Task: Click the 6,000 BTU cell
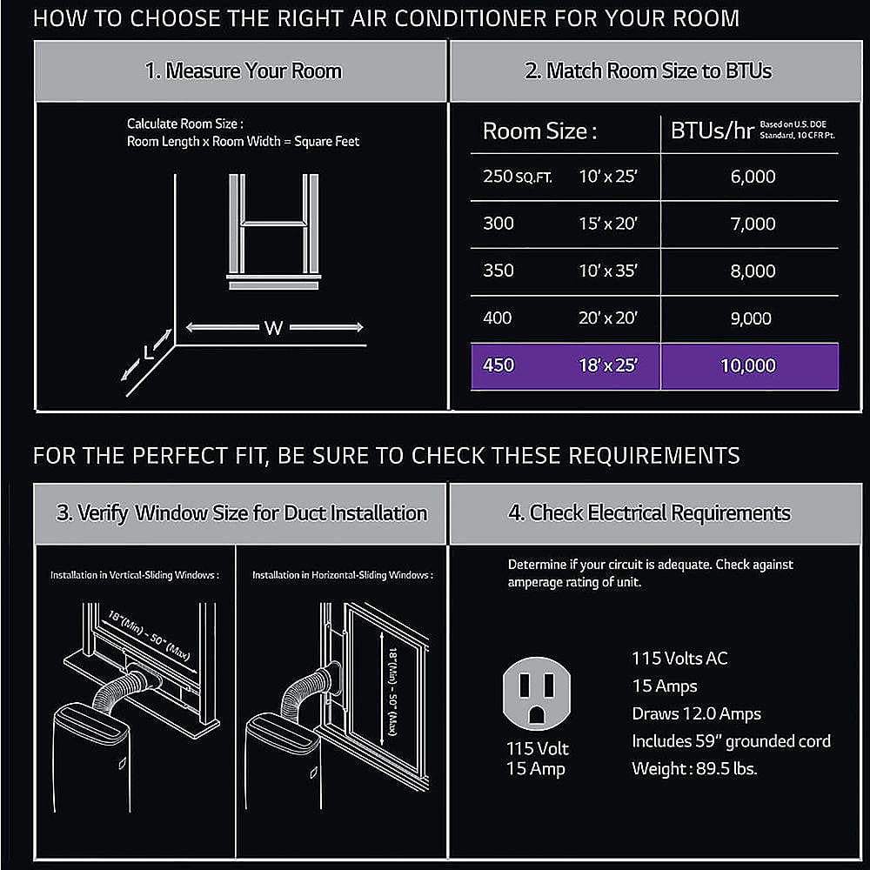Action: pos(753,177)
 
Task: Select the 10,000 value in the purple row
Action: pos(748,365)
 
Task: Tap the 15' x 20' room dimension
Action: pos(608,224)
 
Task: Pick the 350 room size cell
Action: pos(499,271)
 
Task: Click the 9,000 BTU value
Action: pos(750,318)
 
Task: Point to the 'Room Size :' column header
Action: pos(539,132)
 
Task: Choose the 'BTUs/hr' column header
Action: pos(712,131)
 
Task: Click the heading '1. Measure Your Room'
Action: pos(243,70)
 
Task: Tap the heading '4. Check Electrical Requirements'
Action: pos(649,512)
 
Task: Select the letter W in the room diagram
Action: pos(273,328)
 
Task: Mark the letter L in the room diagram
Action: pos(149,353)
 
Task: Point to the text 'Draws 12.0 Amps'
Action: pos(696,713)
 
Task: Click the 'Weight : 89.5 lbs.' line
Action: pos(695,769)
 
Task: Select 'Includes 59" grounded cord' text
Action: pos(731,741)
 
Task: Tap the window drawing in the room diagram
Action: pos(273,231)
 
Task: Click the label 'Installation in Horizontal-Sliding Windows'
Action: pos(342,575)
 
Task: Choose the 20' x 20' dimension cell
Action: pos(608,318)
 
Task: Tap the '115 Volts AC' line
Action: pos(679,658)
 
